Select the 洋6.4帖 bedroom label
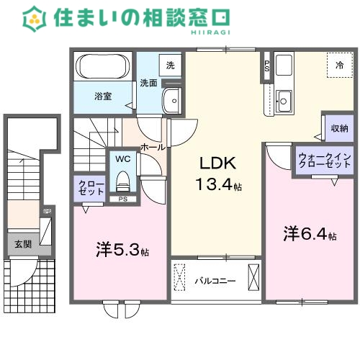[x=310, y=234]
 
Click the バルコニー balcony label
[x=214, y=280]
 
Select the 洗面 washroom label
[x=148, y=82]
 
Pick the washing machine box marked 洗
[x=170, y=65]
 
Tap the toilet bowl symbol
[x=122, y=176]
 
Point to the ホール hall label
[x=152, y=147]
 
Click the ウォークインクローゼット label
[x=324, y=160]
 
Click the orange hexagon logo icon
[x=34, y=18]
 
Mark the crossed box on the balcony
[x=253, y=276]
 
